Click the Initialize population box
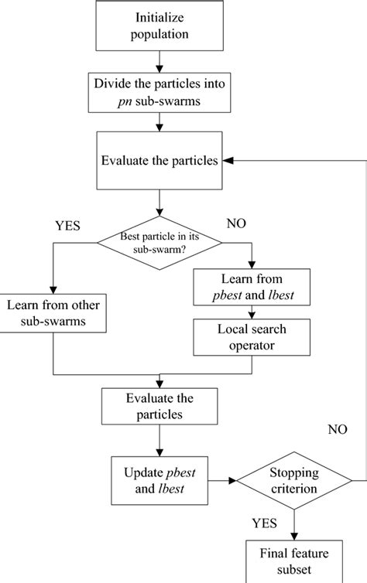[x=159, y=26]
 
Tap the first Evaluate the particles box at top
[x=159, y=160]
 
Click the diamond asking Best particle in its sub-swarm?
[x=159, y=242]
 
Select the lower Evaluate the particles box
[x=159, y=406]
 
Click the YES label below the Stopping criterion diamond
[x=265, y=523]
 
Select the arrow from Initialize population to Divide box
[x=159, y=60]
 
